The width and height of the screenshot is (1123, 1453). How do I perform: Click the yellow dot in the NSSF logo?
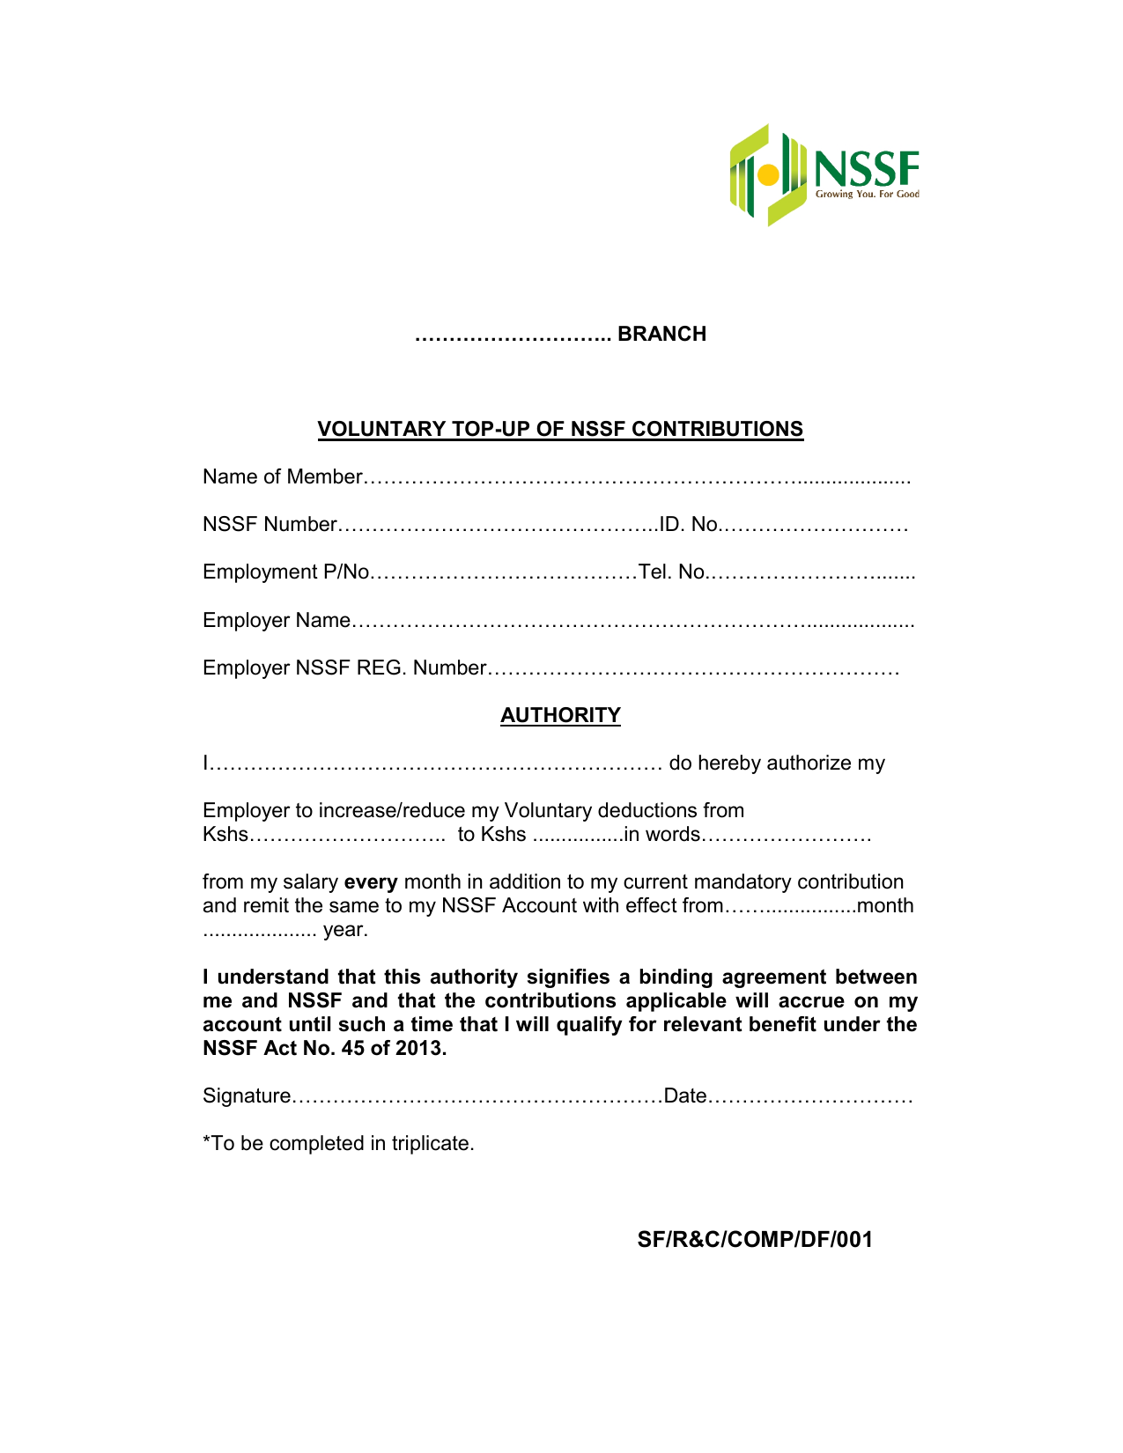(768, 174)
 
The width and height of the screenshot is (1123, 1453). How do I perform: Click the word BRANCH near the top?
(661, 335)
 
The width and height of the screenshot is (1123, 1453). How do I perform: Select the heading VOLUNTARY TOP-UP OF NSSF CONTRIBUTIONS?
(560, 429)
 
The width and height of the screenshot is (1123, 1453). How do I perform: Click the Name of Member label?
(282, 477)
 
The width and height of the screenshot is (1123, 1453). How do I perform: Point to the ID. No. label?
(690, 525)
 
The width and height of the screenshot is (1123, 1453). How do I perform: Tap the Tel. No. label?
(672, 572)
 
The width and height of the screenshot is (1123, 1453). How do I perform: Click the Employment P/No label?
(286, 572)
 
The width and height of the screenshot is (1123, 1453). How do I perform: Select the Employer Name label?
(277, 621)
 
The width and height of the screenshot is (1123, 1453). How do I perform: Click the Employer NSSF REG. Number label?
(344, 668)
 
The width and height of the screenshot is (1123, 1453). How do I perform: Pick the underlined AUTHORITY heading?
(560, 715)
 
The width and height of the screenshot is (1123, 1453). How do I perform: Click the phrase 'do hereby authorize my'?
(777, 763)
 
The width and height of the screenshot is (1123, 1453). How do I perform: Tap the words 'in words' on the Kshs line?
(662, 835)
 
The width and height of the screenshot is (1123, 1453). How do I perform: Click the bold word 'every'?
(371, 882)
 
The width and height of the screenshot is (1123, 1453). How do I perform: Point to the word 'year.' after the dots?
(345, 930)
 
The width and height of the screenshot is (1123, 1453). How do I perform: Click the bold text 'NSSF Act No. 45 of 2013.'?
(325, 1049)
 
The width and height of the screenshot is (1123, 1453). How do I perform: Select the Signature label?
(247, 1096)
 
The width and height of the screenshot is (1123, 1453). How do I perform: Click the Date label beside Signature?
(685, 1096)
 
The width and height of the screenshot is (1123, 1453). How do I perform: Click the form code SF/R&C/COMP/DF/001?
(755, 1240)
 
